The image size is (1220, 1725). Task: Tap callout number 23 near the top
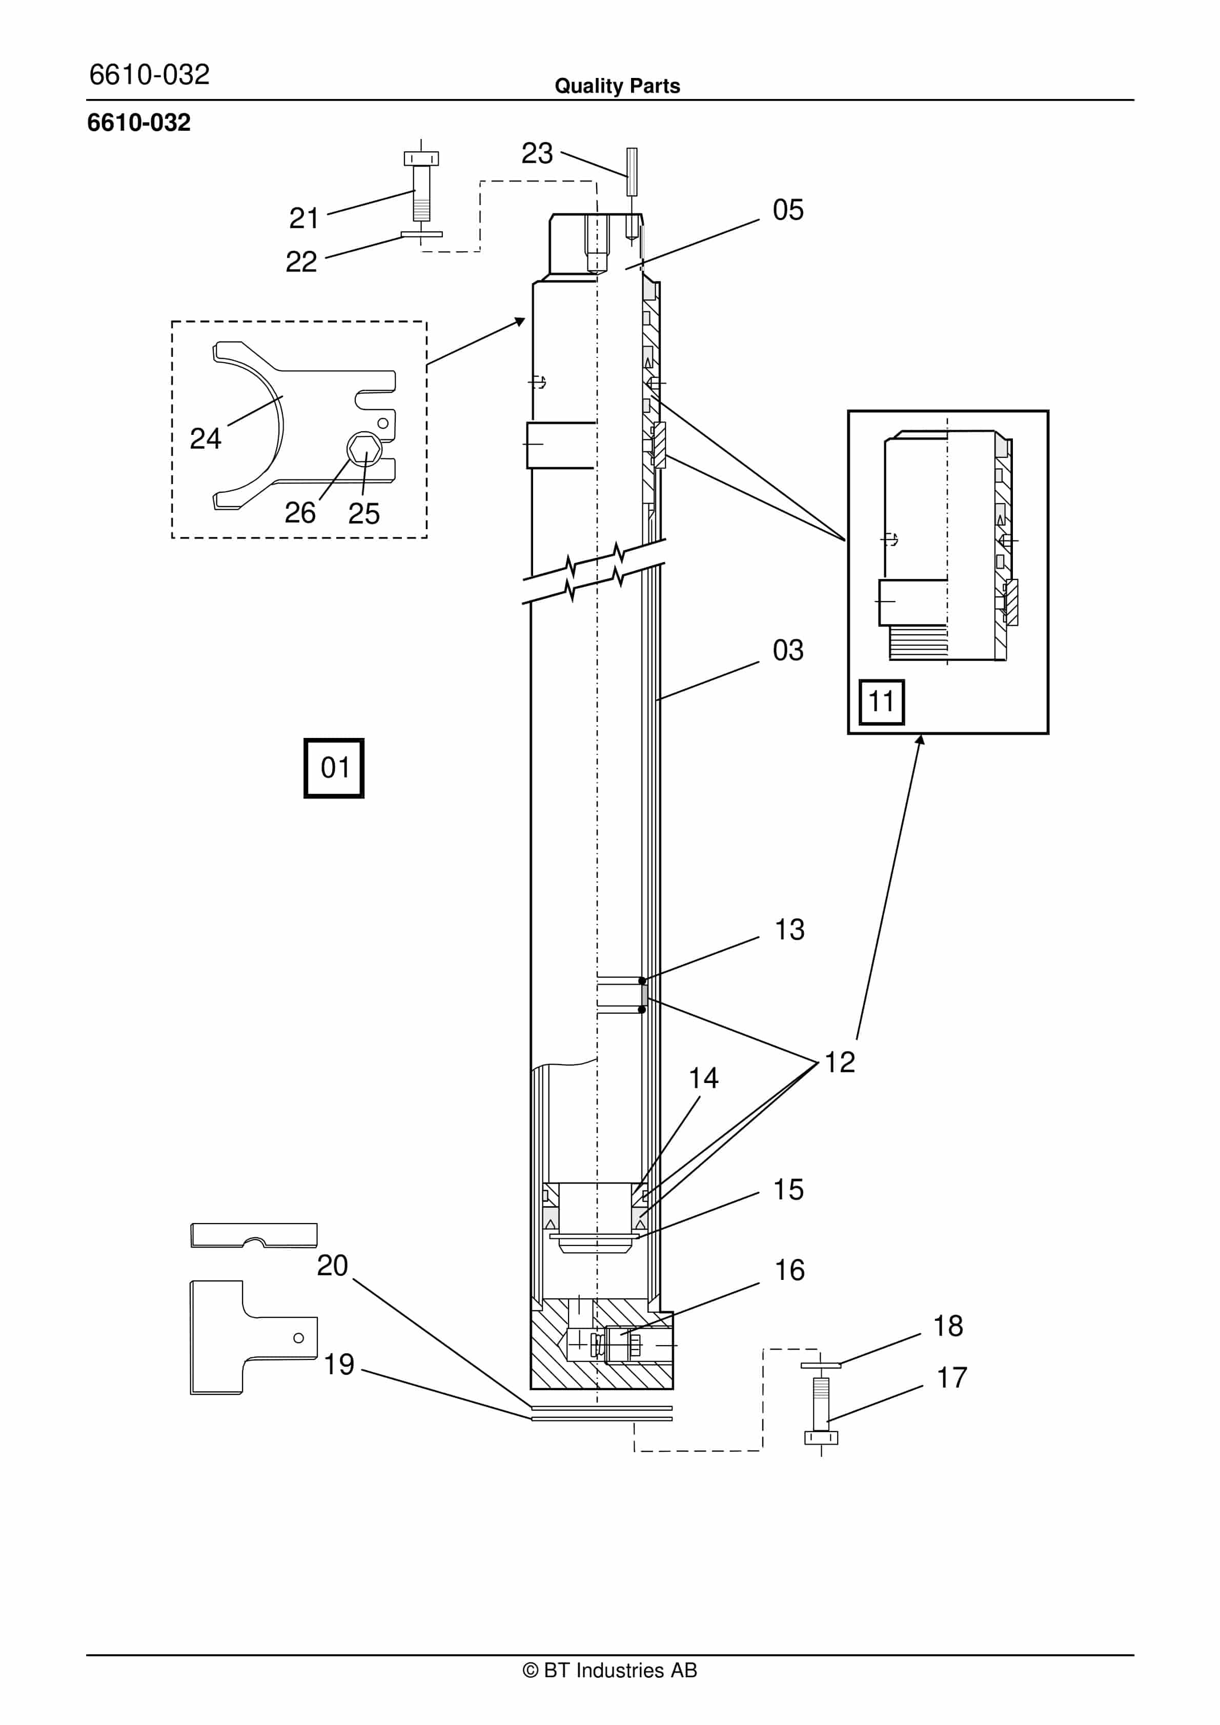537,153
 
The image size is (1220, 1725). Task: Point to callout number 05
788,210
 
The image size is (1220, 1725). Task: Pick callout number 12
840,1062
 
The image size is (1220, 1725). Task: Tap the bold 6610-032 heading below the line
139,123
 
